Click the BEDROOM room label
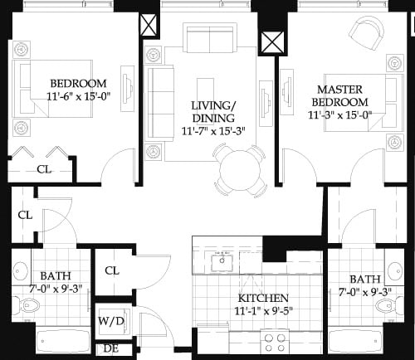tap(78, 84)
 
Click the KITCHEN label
tap(263, 298)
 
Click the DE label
tap(110, 348)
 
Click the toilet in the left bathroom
tap(19, 270)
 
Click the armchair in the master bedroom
tap(366, 33)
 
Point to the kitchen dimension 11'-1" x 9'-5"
tap(263, 312)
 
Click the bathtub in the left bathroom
tap(58, 340)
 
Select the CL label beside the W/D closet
tap(113, 270)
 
